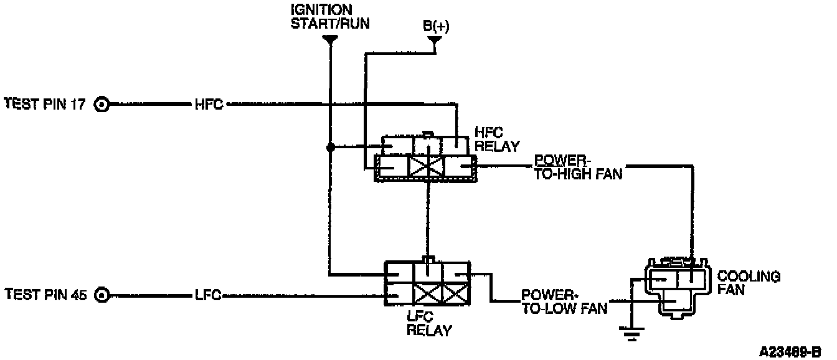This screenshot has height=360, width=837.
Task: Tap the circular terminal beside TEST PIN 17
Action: [x=102, y=104]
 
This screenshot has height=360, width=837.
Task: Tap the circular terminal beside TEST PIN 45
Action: [x=102, y=295]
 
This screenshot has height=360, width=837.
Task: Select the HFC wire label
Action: [x=208, y=104]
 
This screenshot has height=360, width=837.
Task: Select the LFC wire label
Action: [x=208, y=295]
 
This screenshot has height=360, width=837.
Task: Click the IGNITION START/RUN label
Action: [x=329, y=17]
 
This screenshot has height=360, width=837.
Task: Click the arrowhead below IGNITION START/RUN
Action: [x=330, y=40]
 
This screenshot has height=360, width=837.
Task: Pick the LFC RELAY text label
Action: [x=429, y=323]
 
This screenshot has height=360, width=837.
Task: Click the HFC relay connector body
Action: [x=425, y=158]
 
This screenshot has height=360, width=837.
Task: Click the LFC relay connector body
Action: [x=427, y=283]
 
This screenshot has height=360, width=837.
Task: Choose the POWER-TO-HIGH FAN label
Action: [x=579, y=168]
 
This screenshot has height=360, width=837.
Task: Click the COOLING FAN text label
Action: [x=749, y=283]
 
